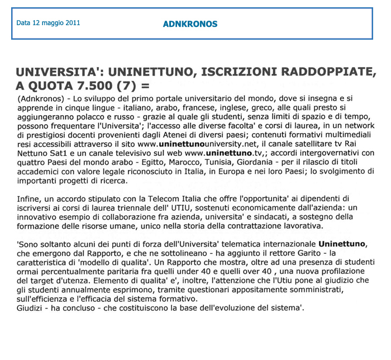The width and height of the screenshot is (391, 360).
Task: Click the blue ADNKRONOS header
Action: (190, 24)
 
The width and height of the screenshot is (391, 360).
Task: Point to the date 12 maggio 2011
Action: (48, 23)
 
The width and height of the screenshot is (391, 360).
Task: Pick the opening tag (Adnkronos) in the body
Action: (39, 99)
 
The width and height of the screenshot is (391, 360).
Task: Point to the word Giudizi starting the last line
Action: (31, 309)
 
